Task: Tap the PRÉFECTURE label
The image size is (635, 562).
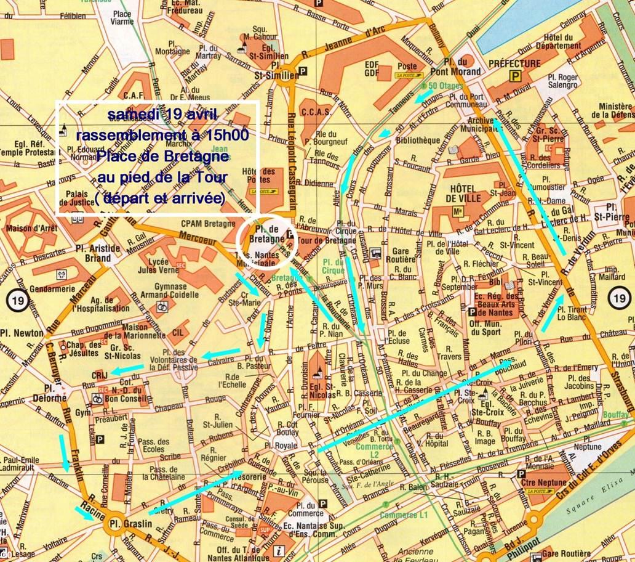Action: coord(514,63)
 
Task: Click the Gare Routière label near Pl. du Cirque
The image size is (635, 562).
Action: coord(401,256)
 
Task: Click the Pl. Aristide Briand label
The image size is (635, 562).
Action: coord(98,253)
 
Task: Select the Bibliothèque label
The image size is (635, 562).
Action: coord(418,140)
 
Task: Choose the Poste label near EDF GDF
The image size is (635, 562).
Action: coord(407,67)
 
